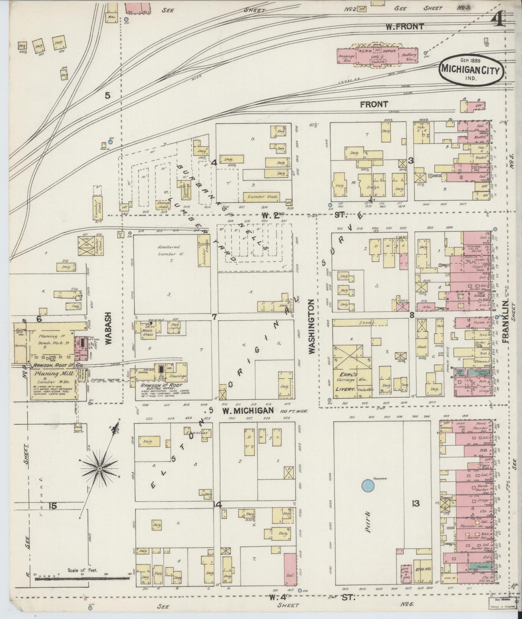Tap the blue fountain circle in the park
(x=367, y=485)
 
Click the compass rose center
(x=99, y=468)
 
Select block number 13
(x=416, y=503)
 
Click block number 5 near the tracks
(x=107, y=96)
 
